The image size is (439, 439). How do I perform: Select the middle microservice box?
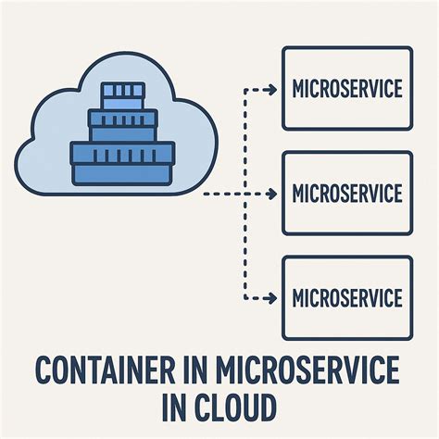(x=347, y=193)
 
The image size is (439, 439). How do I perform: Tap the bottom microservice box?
(x=347, y=297)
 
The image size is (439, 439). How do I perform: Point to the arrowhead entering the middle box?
(x=273, y=194)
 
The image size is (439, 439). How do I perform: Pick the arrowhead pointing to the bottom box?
(x=273, y=298)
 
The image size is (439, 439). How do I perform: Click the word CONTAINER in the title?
(x=117, y=374)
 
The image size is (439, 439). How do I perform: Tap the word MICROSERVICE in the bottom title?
(x=309, y=374)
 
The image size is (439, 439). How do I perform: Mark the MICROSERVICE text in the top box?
(x=347, y=90)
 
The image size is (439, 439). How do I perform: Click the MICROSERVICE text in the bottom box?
(x=347, y=298)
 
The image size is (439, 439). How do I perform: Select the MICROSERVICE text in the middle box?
(x=347, y=194)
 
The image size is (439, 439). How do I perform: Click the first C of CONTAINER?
(x=46, y=374)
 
